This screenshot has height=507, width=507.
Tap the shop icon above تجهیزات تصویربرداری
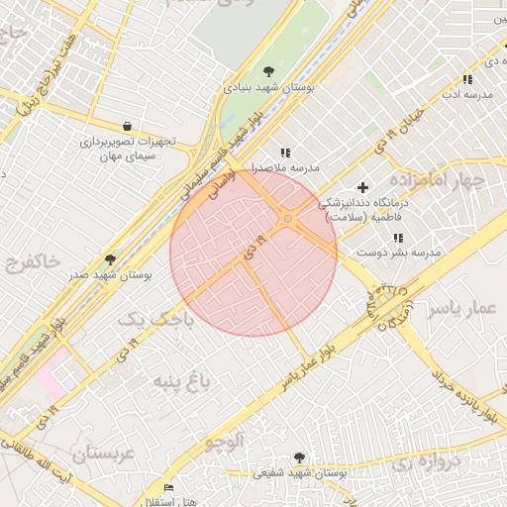tap(128, 126)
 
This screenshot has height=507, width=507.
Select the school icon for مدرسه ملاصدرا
tap(285, 152)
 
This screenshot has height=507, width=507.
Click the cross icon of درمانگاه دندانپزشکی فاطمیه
tap(362, 187)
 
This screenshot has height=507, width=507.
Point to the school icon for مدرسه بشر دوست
tap(398, 238)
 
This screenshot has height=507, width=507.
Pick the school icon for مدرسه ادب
tap(466, 79)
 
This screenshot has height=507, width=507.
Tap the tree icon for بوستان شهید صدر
tap(109, 259)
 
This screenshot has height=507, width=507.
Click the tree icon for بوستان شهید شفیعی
tap(298, 457)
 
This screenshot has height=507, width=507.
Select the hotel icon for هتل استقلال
tap(168, 488)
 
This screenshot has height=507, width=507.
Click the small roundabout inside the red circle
tap(287, 218)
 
